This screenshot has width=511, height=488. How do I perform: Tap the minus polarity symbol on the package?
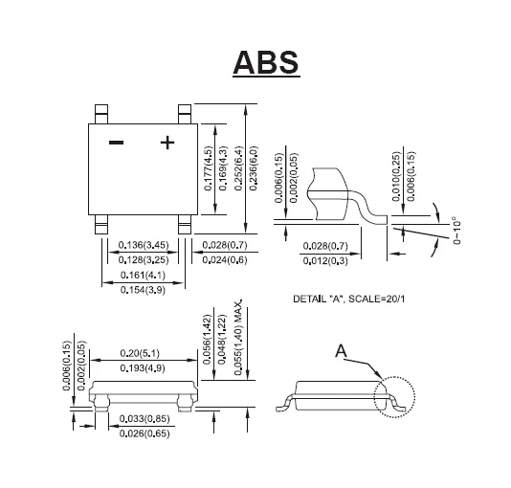tap(116, 143)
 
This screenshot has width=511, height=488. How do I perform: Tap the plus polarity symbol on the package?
tap(167, 143)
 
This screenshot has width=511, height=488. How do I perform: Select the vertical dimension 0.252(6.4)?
tap(237, 168)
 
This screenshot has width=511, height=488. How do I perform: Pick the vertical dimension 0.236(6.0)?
tap(255, 168)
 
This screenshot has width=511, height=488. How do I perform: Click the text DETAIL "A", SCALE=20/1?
tap(348, 299)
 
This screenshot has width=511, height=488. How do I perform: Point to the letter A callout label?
tap(341, 352)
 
